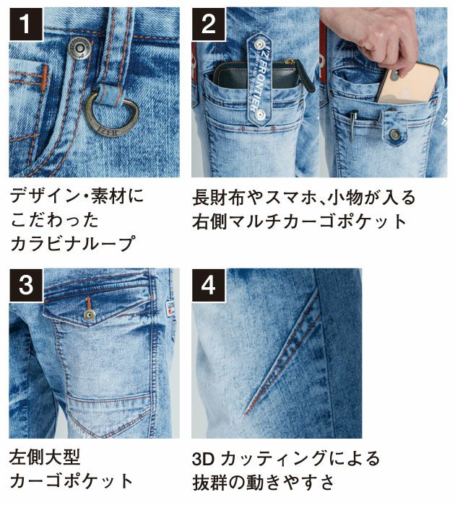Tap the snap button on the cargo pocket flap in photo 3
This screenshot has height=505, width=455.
pos(89,315)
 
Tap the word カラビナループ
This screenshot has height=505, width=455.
pos(73,244)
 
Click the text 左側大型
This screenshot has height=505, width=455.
pos(45,457)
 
